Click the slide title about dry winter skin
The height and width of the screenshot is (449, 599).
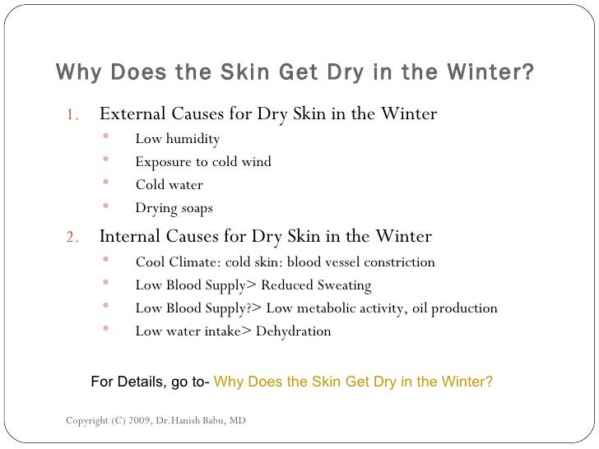tap(295, 74)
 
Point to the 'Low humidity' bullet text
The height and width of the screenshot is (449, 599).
tap(177, 138)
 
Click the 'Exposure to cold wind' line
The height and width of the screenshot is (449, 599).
tap(202, 161)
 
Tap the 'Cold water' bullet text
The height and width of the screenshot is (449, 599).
tap(169, 184)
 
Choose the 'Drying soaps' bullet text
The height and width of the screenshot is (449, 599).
tap(174, 208)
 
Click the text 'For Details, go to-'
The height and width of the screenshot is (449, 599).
tap(151, 382)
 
